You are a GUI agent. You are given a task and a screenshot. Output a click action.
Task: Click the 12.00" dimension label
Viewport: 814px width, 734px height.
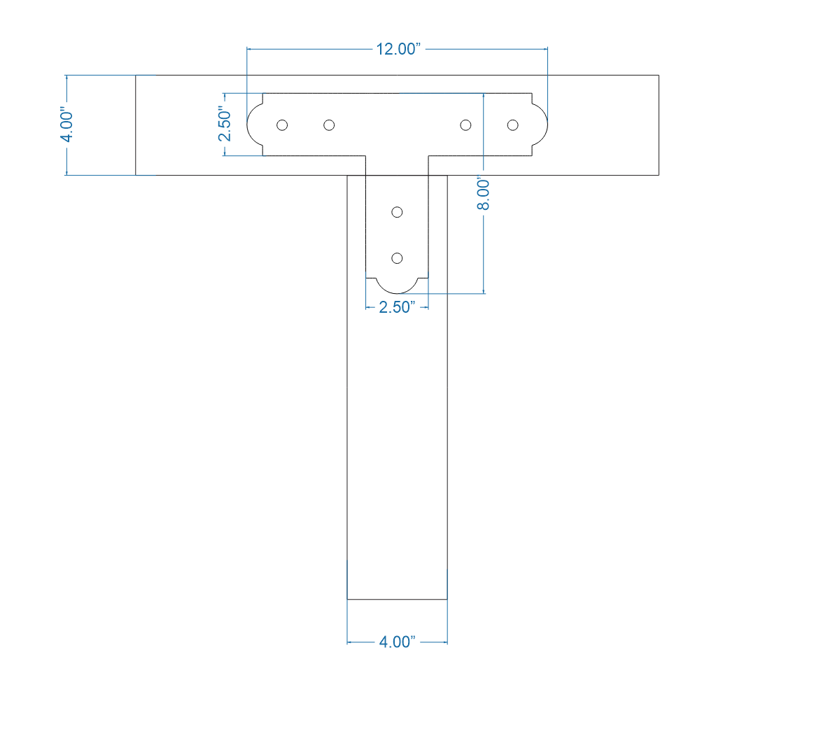click(x=398, y=50)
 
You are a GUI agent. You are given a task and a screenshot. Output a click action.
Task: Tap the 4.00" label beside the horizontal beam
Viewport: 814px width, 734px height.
click(x=66, y=125)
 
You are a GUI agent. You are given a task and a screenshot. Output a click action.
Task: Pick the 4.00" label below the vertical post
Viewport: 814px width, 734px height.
click(x=397, y=642)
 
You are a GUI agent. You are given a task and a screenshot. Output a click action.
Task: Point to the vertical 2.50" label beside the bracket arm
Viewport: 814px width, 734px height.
click(x=224, y=124)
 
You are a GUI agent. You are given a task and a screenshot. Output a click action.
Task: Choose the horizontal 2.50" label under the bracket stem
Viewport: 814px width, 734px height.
click(x=397, y=306)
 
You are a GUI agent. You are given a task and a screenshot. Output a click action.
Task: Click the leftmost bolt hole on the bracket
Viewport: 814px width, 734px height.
click(x=282, y=125)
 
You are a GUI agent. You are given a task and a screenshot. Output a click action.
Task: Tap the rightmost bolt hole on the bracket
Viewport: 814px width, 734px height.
click(x=512, y=125)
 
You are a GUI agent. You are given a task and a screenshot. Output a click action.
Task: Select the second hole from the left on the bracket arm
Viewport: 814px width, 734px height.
click(x=329, y=125)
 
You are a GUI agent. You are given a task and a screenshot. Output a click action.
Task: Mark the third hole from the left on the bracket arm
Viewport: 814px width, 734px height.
click(x=465, y=125)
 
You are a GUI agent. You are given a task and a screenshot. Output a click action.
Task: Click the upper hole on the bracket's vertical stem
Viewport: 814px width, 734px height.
click(x=397, y=212)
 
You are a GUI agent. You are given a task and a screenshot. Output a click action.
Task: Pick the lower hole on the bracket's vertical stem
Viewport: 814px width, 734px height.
click(x=397, y=258)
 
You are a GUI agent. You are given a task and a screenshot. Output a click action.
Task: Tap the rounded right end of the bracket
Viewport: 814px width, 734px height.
click(x=542, y=125)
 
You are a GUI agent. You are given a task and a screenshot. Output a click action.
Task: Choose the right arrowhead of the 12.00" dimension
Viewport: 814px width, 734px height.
click(x=544, y=50)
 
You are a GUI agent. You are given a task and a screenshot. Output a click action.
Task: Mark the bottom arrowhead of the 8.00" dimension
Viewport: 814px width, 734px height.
click(x=484, y=290)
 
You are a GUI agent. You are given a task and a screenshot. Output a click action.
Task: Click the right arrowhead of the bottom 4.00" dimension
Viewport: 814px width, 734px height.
click(x=444, y=642)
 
